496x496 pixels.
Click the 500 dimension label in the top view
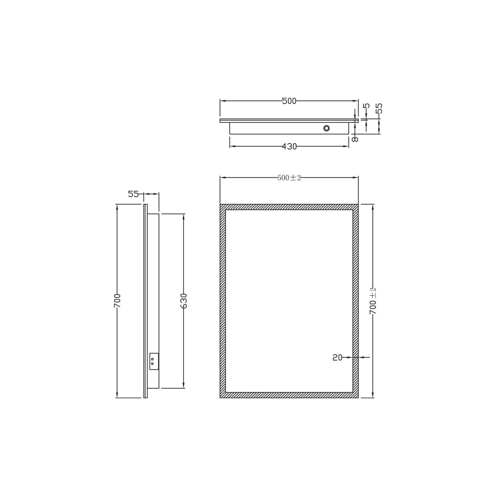(x=289, y=101)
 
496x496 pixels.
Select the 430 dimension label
(x=289, y=146)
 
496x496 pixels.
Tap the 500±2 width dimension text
(x=289, y=178)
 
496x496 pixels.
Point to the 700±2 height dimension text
(x=373, y=301)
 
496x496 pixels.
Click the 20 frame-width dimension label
(x=337, y=357)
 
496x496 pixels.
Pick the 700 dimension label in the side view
(x=117, y=301)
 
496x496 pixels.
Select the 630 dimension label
(x=184, y=301)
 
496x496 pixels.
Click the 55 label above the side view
(x=133, y=194)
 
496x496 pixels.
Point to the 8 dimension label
(x=355, y=139)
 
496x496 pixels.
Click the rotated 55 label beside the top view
(x=379, y=108)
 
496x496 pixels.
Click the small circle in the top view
(x=326, y=128)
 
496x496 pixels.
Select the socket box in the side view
(x=154, y=361)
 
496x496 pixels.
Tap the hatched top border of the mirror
(x=289, y=207)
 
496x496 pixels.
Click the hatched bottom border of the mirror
(x=289, y=395)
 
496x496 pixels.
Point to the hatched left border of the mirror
(x=223, y=301)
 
